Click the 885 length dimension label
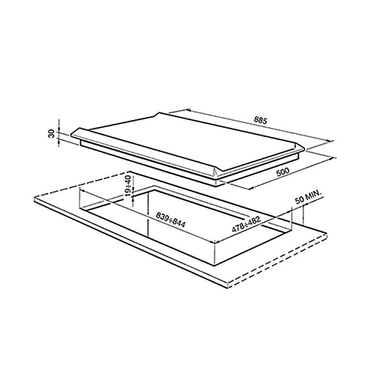260,120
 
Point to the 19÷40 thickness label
128,186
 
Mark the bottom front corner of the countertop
228,288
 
